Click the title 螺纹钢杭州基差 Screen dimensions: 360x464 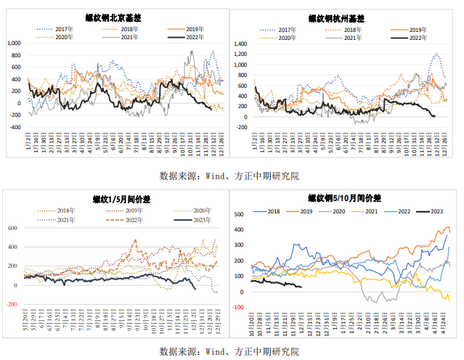(344, 16)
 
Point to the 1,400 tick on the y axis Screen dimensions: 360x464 (240, 44)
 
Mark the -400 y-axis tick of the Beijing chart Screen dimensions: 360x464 (14, 127)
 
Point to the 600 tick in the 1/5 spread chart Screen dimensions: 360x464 (11, 229)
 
